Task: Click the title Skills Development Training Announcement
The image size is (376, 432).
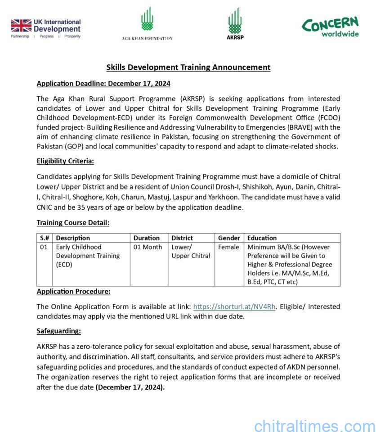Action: (x=188, y=67)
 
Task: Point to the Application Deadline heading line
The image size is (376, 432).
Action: (x=103, y=84)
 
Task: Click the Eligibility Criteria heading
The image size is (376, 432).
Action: (x=65, y=161)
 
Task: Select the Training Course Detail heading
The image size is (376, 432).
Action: (x=73, y=223)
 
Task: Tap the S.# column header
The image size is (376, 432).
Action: (x=45, y=238)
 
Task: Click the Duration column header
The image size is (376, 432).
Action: (x=146, y=238)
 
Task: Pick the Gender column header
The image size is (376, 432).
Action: (x=229, y=238)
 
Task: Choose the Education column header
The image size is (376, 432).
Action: (x=262, y=238)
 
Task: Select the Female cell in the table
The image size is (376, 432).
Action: (x=228, y=247)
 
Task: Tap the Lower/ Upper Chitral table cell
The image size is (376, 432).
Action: (x=191, y=252)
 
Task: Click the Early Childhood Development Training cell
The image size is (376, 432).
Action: (x=88, y=256)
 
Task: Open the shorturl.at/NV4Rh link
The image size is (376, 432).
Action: (x=234, y=307)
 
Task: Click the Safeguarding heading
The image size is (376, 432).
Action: (x=58, y=331)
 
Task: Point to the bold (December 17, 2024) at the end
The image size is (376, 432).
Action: (x=130, y=386)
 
